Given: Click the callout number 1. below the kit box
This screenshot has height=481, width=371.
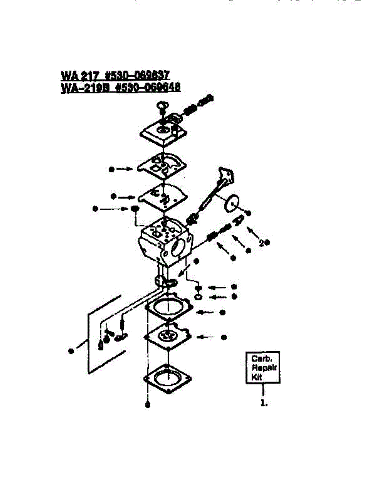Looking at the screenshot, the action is pyautogui.click(x=264, y=404).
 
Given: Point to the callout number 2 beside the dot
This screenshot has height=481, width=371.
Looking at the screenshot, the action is pyautogui.click(x=261, y=243).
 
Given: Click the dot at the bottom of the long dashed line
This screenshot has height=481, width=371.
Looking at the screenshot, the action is pyautogui.click(x=147, y=405).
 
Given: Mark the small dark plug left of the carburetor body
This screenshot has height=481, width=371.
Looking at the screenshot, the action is pyautogui.click(x=135, y=209).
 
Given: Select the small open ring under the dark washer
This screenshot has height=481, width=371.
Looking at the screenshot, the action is pyautogui.click(x=198, y=297).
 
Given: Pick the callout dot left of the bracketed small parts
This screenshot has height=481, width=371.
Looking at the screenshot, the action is pyautogui.click(x=71, y=351).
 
